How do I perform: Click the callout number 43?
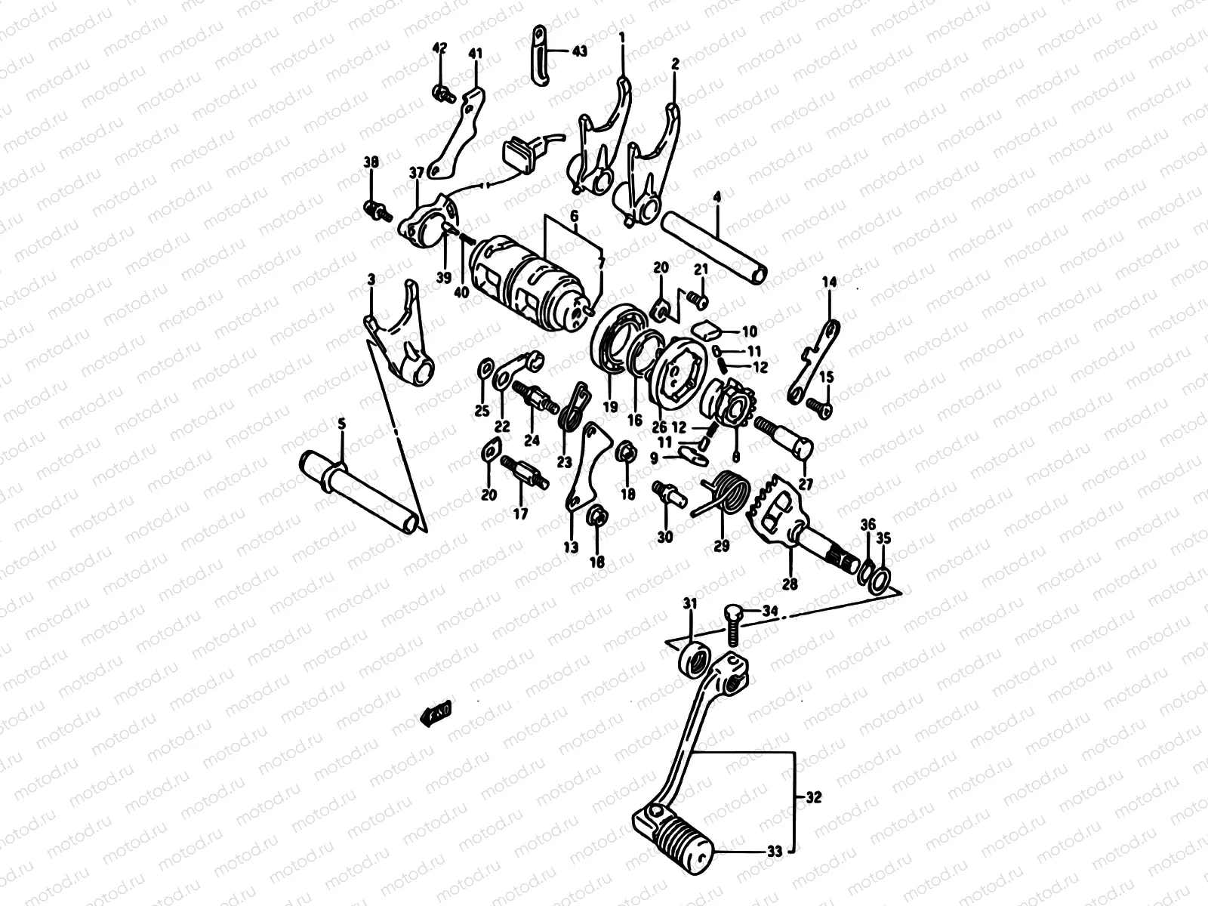[x=579, y=51]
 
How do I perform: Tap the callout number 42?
[x=439, y=48]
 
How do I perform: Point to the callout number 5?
[x=341, y=425]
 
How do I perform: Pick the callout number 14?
[x=829, y=283]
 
